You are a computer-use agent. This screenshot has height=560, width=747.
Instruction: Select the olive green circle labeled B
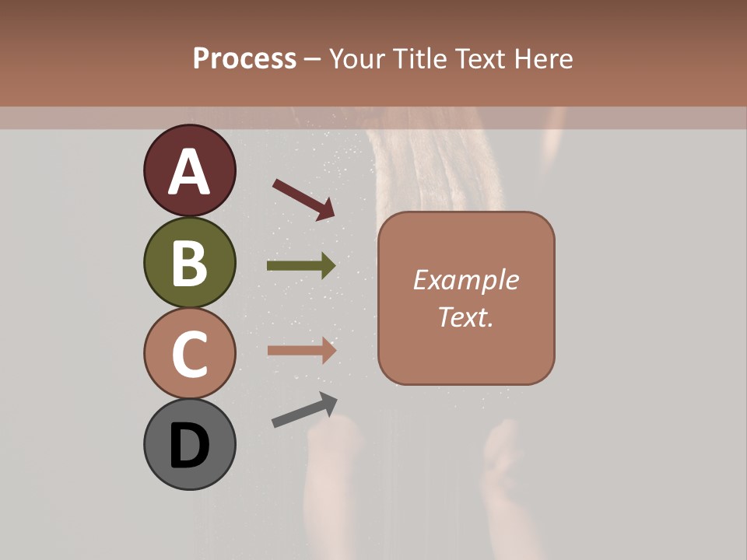[x=189, y=262]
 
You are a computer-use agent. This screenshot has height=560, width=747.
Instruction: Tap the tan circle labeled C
[x=189, y=353]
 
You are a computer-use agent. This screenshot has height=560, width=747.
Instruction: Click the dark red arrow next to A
[x=303, y=198]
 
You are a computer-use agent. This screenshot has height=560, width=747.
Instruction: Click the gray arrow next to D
[x=304, y=410]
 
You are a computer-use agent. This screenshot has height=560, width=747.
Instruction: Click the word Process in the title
[x=244, y=59]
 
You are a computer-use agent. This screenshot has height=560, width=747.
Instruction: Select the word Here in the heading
[x=544, y=59]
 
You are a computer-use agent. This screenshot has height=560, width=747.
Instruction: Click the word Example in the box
[x=465, y=280]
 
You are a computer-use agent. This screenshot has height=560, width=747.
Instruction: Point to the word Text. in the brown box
[x=465, y=317]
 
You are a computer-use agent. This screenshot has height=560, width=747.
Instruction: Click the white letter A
[x=189, y=173]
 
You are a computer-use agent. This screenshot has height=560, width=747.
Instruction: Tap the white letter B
[x=189, y=264]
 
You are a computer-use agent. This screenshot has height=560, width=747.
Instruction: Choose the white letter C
[x=189, y=355]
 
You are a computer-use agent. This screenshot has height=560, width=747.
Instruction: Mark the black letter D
[x=189, y=446]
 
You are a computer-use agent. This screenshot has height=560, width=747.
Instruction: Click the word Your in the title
[x=356, y=59]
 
